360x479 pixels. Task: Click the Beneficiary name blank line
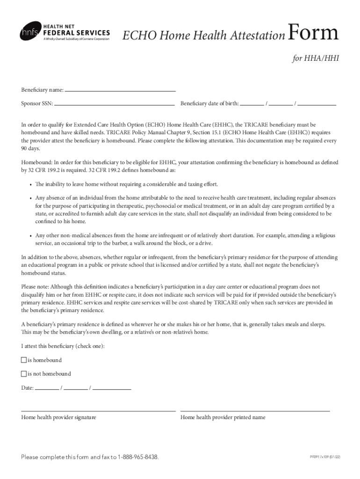pyautogui.click(x=120, y=90)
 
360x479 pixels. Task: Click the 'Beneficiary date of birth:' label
pyautogui.click(x=209, y=103)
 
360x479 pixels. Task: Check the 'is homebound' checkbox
pyautogui.click(x=24, y=360)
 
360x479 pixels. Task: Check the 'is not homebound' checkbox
pyautogui.click(x=24, y=374)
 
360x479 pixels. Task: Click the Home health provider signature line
pyautogui.click(x=98, y=410)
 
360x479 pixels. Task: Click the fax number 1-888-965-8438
pyautogui.click(x=138, y=457)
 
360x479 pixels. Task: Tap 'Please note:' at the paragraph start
pyautogui.click(x=35, y=286)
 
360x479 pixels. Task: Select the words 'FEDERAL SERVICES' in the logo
pyautogui.click(x=76, y=33)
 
